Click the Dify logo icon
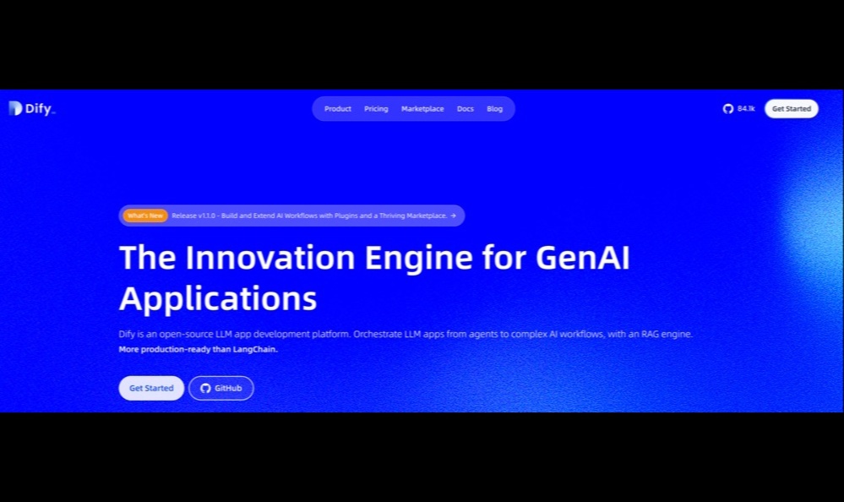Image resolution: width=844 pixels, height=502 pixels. (x=15, y=108)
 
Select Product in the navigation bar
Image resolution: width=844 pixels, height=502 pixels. (x=337, y=109)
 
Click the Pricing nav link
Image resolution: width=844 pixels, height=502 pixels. (x=376, y=109)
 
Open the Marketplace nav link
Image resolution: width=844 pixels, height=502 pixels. (x=422, y=109)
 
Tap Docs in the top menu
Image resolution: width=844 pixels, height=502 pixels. (x=465, y=109)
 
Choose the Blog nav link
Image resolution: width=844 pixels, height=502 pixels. (x=495, y=109)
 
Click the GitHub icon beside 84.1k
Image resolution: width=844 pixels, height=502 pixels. (x=727, y=109)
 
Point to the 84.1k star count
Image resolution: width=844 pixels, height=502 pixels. (x=746, y=109)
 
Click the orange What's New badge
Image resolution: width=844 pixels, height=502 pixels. (x=145, y=216)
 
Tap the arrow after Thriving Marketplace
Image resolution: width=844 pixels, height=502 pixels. (x=453, y=216)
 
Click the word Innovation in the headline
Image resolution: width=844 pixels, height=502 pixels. (x=270, y=258)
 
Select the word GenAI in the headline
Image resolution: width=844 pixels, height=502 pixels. (x=582, y=258)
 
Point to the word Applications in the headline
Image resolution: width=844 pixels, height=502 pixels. (x=218, y=299)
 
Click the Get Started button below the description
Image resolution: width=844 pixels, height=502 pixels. (x=151, y=388)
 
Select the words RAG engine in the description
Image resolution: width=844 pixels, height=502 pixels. (x=667, y=334)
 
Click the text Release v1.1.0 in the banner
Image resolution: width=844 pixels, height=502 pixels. (x=193, y=216)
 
